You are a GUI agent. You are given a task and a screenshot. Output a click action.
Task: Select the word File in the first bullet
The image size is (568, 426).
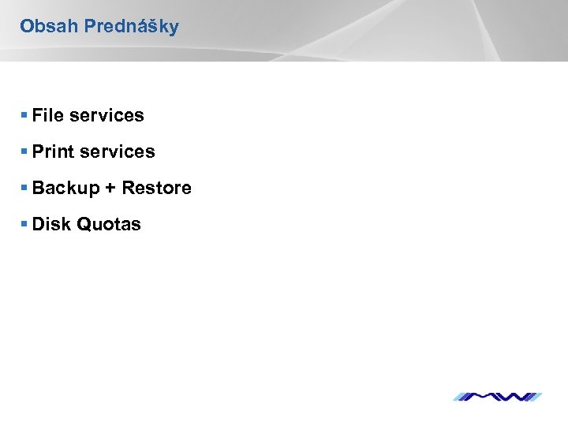click(48, 115)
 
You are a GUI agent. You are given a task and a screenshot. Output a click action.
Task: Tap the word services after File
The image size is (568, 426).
click(106, 115)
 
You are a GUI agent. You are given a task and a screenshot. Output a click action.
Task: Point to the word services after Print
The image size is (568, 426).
click(118, 151)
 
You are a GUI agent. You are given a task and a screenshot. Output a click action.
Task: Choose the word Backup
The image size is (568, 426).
click(66, 189)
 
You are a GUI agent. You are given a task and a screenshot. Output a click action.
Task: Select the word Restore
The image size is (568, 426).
click(156, 188)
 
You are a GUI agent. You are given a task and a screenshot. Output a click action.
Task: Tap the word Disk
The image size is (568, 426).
click(51, 224)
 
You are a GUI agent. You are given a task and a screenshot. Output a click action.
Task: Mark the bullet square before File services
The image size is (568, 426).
click(25, 115)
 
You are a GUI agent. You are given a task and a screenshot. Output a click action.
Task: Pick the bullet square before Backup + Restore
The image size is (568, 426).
click(25, 188)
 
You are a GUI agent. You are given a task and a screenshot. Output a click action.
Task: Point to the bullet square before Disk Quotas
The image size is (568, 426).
click(25, 224)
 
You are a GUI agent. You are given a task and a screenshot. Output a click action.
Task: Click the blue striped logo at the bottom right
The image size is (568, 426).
click(497, 395)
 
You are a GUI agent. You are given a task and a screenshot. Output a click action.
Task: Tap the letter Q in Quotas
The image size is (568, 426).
click(83, 224)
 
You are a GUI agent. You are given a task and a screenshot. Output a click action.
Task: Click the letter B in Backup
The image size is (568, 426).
click(39, 188)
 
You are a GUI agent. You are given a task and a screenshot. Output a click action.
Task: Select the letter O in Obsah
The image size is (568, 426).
click(26, 26)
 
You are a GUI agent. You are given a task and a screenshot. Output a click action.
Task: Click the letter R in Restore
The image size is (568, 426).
click(128, 188)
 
